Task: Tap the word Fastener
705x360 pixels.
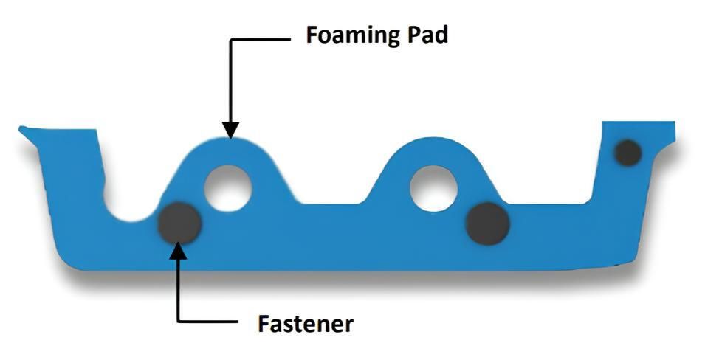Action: (x=306, y=323)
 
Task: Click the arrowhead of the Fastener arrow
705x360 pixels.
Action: (x=178, y=250)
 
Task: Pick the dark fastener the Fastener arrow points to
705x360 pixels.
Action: (x=179, y=224)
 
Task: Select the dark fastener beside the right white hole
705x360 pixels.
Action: (x=488, y=224)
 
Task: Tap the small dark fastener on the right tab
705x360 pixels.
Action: (x=627, y=153)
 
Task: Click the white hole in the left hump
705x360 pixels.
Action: (x=227, y=188)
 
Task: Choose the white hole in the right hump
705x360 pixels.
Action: (x=433, y=188)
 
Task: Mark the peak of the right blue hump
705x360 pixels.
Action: (x=432, y=139)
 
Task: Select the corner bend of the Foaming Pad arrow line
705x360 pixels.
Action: (x=230, y=40)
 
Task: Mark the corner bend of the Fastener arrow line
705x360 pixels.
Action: (x=179, y=321)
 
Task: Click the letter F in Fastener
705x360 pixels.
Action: (x=264, y=323)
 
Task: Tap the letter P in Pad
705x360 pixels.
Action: (x=415, y=35)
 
